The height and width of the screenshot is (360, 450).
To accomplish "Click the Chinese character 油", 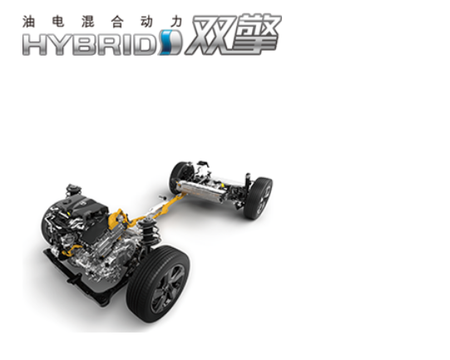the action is click(x=29, y=22).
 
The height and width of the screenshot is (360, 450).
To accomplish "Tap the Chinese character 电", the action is click(x=58, y=22).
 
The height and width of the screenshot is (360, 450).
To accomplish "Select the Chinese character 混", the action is click(x=88, y=22).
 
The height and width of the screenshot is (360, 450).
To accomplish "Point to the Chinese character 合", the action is click(x=117, y=22).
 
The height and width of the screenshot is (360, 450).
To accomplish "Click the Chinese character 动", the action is click(x=147, y=22).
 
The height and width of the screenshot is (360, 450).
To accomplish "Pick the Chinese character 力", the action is click(x=176, y=22).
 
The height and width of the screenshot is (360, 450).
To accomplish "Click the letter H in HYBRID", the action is click(x=34, y=44).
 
